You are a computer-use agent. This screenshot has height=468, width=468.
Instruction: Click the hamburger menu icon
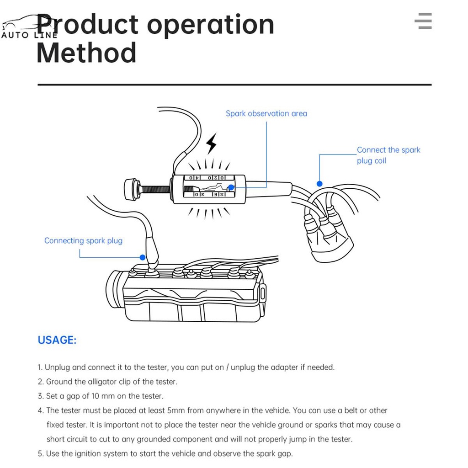point(423,21)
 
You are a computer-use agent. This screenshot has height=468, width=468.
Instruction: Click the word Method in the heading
point(86,53)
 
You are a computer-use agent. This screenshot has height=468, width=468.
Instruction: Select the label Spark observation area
point(266,113)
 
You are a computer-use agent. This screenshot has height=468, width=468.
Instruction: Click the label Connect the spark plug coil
point(388,155)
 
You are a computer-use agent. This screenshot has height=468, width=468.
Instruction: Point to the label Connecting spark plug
point(83,240)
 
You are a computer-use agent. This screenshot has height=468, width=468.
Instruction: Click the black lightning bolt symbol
point(211,144)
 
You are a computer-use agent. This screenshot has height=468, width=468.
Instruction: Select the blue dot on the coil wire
point(319,183)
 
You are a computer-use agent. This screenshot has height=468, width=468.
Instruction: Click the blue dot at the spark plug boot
point(143,258)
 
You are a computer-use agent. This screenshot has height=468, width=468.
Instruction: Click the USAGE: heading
point(57,340)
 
